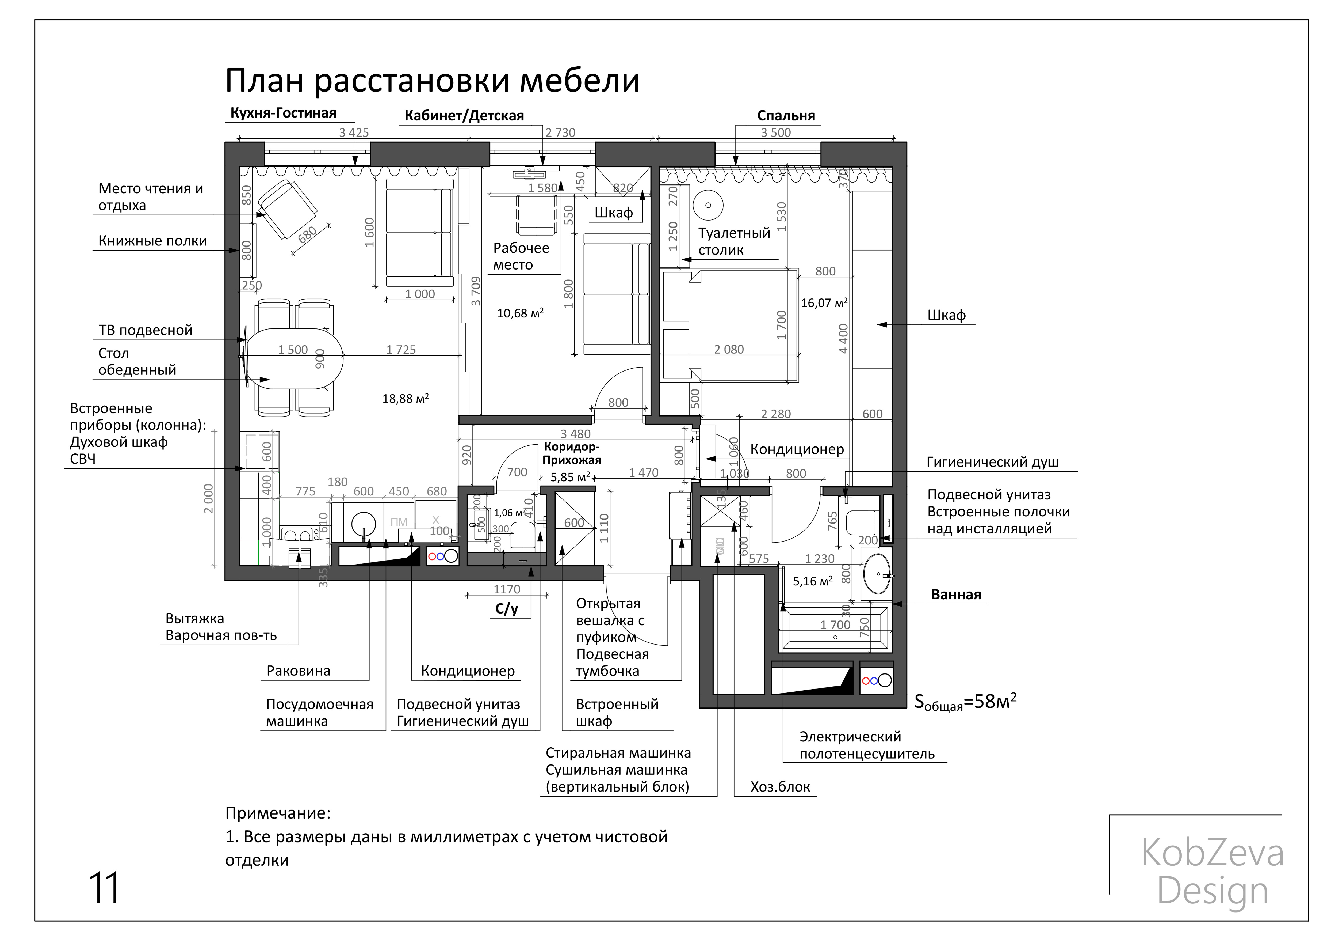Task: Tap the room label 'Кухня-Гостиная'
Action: pos(283,113)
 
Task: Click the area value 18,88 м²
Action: pos(405,398)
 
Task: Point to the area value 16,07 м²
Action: pos(824,302)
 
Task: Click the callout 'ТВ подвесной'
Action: pos(145,330)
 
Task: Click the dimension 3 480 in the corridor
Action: pos(575,434)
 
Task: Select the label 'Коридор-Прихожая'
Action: pos(572,453)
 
